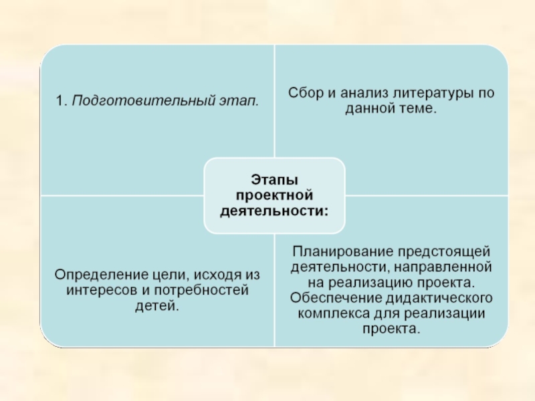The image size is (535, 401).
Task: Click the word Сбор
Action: [x=304, y=94]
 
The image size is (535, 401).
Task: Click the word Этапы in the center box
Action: [x=274, y=179]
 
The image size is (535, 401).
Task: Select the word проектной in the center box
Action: [x=274, y=194]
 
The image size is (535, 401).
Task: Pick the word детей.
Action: [x=158, y=307]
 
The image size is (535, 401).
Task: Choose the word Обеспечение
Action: [x=332, y=297]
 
